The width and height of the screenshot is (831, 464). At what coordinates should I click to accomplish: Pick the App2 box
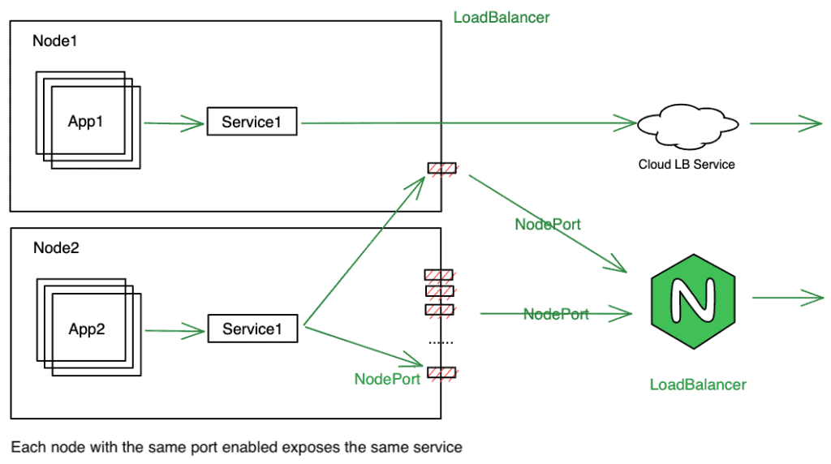(x=87, y=329)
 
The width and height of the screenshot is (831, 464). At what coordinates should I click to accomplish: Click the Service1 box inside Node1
(x=252, y=122)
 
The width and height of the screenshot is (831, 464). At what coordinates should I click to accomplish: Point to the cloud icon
(x=687, y=125)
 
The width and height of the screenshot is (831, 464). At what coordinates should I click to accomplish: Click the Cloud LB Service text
(x=687, y=164)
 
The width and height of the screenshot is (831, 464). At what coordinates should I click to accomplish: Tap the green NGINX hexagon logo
(x=700, y=299)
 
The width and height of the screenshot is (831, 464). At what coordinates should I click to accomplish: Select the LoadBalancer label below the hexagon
(x=698, y=385)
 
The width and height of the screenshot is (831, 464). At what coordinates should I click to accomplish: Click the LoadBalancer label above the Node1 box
(x=502, y=17)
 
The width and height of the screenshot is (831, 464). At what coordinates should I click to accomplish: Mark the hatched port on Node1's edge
(x=441, y=169)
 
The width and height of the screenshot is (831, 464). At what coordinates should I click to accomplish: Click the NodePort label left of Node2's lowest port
(x=387, y=378)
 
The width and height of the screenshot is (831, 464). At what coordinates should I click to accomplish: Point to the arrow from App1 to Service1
(x=174, y=124)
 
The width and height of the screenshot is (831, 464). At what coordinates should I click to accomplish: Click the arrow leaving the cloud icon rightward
(x=786, y=125)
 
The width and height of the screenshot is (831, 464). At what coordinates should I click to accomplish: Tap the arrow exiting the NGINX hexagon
(x=788, y=298)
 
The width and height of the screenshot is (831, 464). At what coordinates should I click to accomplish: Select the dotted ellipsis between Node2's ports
(x=441, y=342)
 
